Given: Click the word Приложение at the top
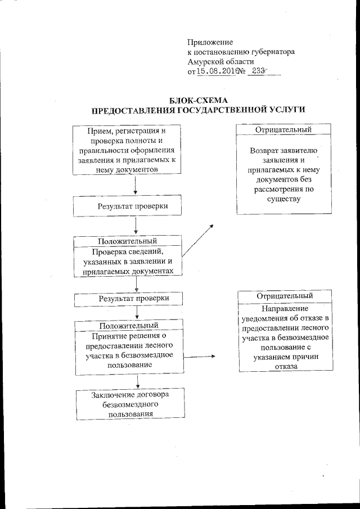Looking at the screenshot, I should pos(210,42).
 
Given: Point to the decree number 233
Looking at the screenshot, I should pos(259,71).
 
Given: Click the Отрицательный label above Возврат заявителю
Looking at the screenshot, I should pos(283,130).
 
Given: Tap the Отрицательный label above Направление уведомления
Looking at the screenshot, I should pos(285,296).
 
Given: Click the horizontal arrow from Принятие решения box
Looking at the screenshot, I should pos(199,357).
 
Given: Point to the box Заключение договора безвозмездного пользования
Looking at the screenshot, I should pos(129,404).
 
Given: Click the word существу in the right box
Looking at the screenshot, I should pos(285,199).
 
